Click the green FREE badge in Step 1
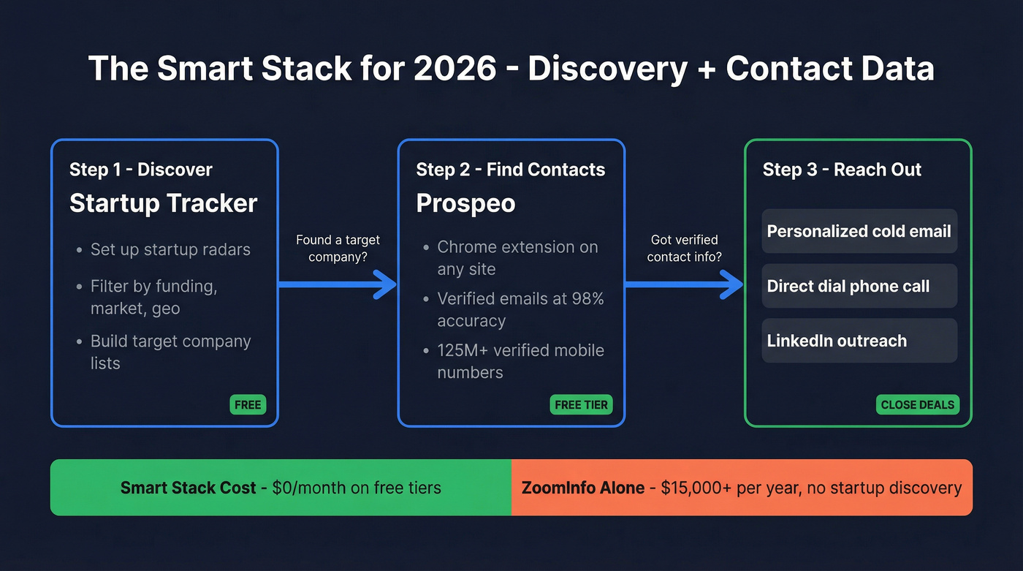[248, 405]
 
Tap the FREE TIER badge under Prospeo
[581, 405]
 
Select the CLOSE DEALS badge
[918, 405]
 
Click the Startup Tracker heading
[163, 203]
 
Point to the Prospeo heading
[465, 203]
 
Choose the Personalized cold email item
[859, 232]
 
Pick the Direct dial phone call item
[848, 286]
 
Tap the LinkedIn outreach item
[837, 341]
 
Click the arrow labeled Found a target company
[338, 284]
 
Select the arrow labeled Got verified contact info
[684, 284]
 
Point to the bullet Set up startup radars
[170, 249]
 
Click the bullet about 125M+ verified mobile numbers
[520, 361]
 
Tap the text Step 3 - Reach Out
[842, 170]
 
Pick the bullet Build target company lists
[170, 352]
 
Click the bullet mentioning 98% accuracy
[520, 309]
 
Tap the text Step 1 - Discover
[141, 170]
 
